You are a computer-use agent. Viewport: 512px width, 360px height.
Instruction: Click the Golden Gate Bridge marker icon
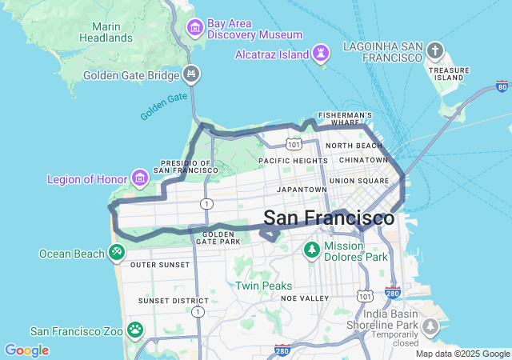191,75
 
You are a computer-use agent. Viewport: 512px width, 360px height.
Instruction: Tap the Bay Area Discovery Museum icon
194,29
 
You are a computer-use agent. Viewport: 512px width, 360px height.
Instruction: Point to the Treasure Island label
449,74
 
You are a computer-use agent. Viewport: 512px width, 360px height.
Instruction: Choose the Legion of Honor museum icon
140,176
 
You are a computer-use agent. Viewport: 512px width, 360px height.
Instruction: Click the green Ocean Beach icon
117,253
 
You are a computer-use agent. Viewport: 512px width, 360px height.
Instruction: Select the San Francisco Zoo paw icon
135,330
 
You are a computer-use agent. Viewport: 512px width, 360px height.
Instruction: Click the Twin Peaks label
263,286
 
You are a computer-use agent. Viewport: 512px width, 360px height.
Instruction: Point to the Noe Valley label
305,298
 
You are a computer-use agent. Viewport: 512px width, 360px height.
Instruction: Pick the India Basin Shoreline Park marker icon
431,326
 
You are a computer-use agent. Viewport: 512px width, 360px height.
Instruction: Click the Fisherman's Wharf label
346,118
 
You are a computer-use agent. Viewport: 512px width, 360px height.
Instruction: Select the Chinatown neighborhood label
363,160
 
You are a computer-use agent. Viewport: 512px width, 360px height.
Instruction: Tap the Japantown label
302,190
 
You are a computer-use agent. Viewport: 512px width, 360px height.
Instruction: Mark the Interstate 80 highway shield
502,86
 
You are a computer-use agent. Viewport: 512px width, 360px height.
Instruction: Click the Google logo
26,350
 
